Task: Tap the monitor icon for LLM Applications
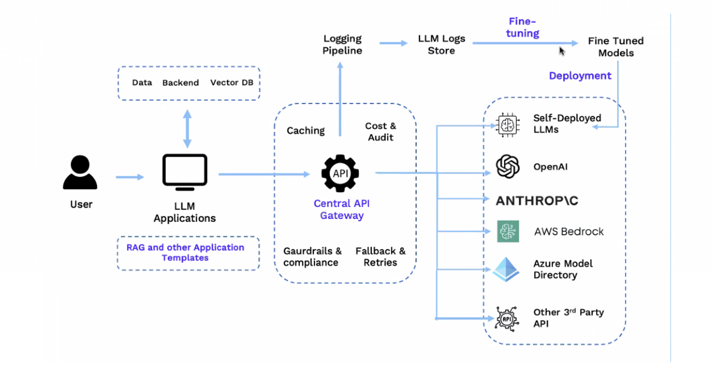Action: click(x=185, y=172)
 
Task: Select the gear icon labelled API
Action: click(x=340, y=173)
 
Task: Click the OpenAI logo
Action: click(x=508, y=167)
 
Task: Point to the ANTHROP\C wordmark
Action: click(x=537, y=201)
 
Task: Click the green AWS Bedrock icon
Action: click(x=508, y=231)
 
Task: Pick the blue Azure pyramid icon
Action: click(x=506, y=269)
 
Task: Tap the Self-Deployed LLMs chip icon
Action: click(x=508, y=125)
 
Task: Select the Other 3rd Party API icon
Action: click(x=507, y=319)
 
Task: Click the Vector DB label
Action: click(x=232, y=83)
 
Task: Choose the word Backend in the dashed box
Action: click(x=180, y=83)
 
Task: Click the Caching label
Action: click(x=305, y=131)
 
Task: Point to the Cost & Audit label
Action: click(x=381, y=131)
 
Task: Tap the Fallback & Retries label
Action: click(x=380, y=257)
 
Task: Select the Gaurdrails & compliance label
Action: click(x=312, y=257)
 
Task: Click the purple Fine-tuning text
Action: click(x=522, y=27)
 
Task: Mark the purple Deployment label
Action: click(x=580, y=76)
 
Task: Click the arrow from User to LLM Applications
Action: click(x=130, y=177)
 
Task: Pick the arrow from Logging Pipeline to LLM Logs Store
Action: click(x=393, y=43)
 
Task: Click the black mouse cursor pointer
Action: click(x=562, y=51)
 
